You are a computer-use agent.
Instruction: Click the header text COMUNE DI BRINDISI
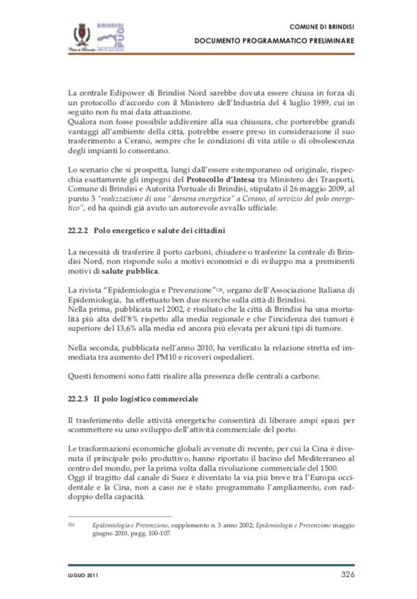tap(321, 26)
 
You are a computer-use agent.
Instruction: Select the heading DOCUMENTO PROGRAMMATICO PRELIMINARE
tap(275, 40)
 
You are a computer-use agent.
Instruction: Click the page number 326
tap(348, 574)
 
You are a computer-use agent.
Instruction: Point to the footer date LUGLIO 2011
tap(84, 576)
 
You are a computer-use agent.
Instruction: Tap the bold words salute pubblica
tap(130, 270)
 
